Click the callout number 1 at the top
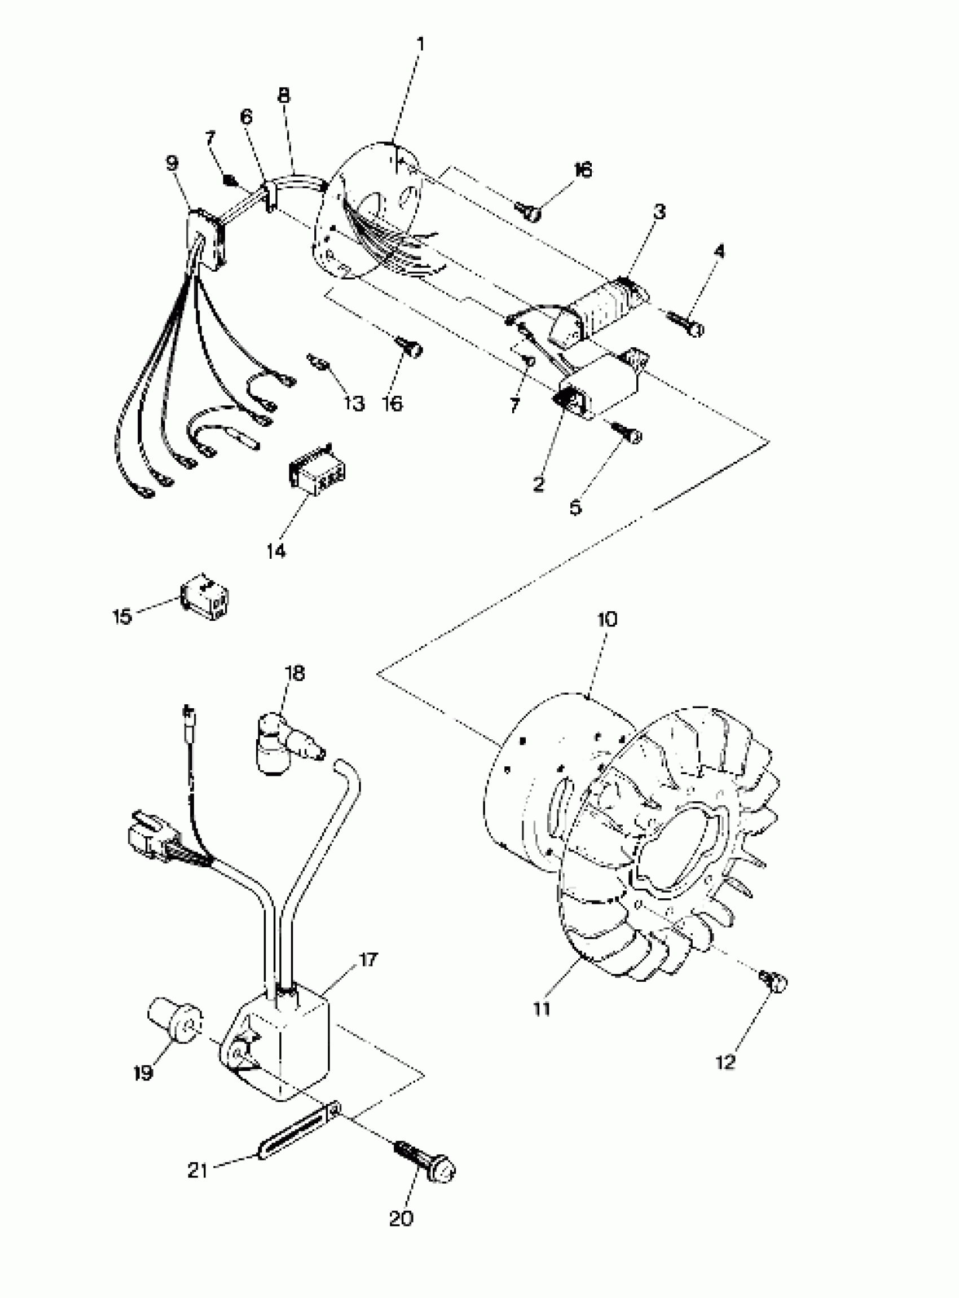pos(421,44)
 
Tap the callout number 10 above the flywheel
pos(606,619)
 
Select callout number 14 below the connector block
pos(276,551)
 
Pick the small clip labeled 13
pos(319,364)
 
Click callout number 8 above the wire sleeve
pos(283,95)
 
